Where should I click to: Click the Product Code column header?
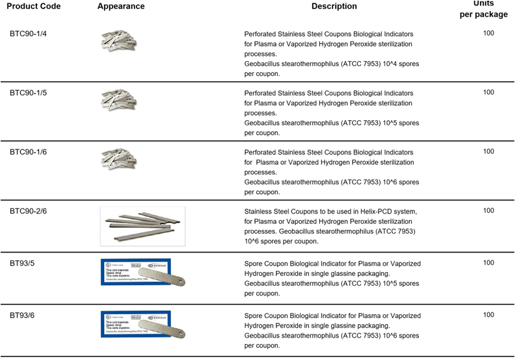point(34,6)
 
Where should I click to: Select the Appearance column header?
point(121,6)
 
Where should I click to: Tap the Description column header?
point(334,6)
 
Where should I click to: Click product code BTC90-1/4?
point(28,34)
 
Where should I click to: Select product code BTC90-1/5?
point(28,93)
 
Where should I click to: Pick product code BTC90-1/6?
point(28,152)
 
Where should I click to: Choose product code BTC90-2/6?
point(28,211)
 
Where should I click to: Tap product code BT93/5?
point(23,263)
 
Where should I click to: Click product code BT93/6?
point(23,316)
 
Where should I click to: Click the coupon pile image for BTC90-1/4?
point(120,41)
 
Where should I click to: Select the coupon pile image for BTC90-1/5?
point(120,99)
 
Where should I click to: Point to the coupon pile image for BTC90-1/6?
point(120,158)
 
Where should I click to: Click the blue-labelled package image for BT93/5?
point(144,272)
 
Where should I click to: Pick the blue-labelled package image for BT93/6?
point(144,325)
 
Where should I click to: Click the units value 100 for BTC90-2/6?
point(488,210)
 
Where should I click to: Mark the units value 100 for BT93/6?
point(488,315)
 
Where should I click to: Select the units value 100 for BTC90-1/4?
point(488,33)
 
